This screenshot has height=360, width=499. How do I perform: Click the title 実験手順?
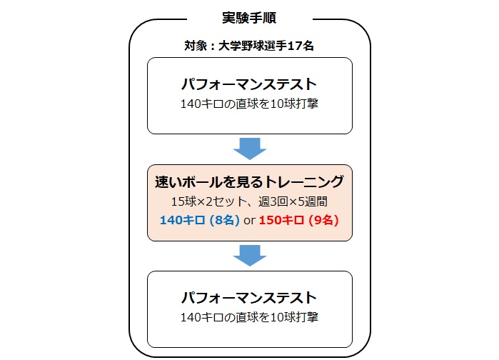249,16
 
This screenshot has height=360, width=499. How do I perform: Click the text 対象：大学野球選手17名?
249,46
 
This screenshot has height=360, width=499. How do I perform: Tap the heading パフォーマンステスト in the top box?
249,82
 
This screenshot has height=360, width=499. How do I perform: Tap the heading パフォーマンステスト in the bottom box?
249,296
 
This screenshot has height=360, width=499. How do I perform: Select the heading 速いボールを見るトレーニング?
249,181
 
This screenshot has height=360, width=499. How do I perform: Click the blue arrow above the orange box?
249,149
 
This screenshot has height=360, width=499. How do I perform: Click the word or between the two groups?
250,220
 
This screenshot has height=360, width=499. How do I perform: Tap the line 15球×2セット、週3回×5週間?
249,201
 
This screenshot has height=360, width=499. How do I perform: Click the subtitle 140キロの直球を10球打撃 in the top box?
249,103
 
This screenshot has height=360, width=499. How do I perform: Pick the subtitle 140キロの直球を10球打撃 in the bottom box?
249,316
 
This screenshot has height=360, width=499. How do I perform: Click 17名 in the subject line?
303,46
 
